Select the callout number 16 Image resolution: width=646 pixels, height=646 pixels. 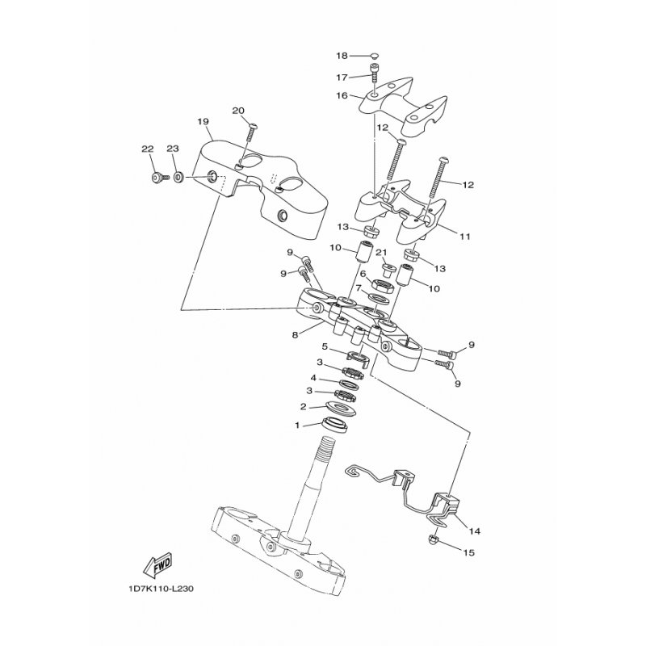coord(342,95)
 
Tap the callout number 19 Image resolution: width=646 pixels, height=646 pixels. coord(203,122)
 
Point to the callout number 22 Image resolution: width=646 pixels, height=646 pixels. coord(147,149)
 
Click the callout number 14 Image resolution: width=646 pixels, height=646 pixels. coord(474,531)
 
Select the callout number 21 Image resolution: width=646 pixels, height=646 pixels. coord(381,253)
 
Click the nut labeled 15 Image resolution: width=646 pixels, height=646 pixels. coord(434,539)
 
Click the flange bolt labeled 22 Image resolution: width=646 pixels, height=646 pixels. coord(156,176)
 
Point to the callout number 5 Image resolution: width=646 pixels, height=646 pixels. coord(303,348)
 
